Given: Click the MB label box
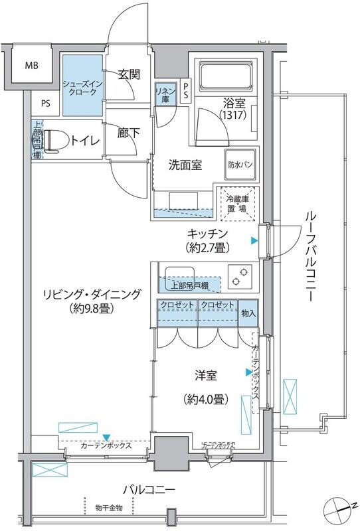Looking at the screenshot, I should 31,66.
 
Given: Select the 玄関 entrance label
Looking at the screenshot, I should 129,74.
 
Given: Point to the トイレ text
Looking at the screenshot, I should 85,140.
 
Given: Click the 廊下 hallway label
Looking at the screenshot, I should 129,133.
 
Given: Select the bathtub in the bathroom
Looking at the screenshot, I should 225,76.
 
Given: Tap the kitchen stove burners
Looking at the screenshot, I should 240,276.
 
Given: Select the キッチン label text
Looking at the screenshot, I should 208,234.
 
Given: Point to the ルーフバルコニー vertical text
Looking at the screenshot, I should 310,256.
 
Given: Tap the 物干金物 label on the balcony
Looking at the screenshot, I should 108,508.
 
